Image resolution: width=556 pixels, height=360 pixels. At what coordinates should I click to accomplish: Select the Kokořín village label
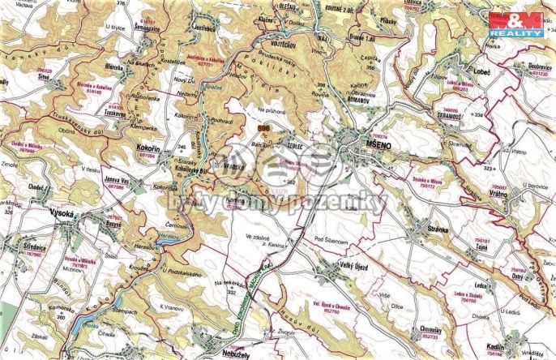click(149, 151)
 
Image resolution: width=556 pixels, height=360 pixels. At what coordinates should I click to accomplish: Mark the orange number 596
click(262, 128)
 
